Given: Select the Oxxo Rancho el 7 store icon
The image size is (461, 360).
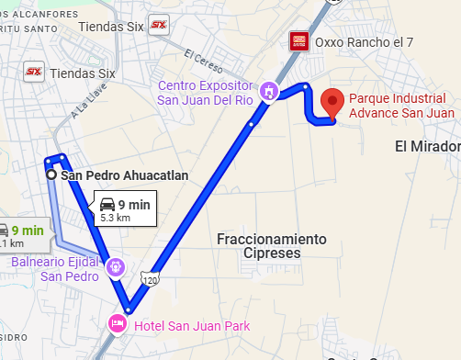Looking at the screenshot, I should pyautogui.click(x=298, y=41).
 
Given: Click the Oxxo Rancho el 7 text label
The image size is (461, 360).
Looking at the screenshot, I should pyautogui.click(x=358, y=42).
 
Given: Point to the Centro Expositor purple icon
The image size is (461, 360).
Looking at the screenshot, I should pyautogui.click(x=267, y=90).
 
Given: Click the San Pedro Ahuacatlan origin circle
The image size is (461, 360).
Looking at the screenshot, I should pyautogui.click(x=51, y=174).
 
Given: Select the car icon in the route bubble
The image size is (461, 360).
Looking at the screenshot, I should pyautogui.click(x=107, y=204).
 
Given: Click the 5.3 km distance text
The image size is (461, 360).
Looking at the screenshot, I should pyautogui.click(x=115, y=219).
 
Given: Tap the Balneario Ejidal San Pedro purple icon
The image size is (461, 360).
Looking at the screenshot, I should pyautogui.click(x=115, y=268).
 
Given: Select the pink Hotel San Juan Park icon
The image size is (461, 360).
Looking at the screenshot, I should pyautogui.click(x=117, y=324).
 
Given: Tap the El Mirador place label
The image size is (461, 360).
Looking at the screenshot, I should pyautogui.click(x=427, y=147).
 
